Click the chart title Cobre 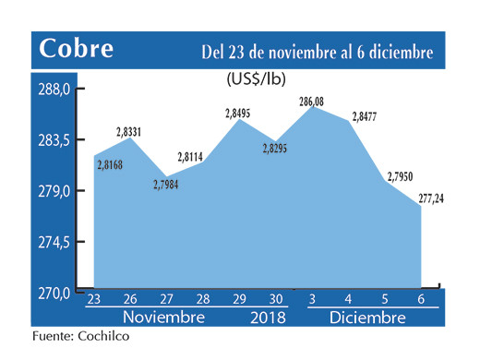[x=77, y=48]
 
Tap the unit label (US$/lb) [x=257, y=79]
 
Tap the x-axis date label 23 [x=93, y=299]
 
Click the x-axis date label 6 [x=422, y=299]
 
